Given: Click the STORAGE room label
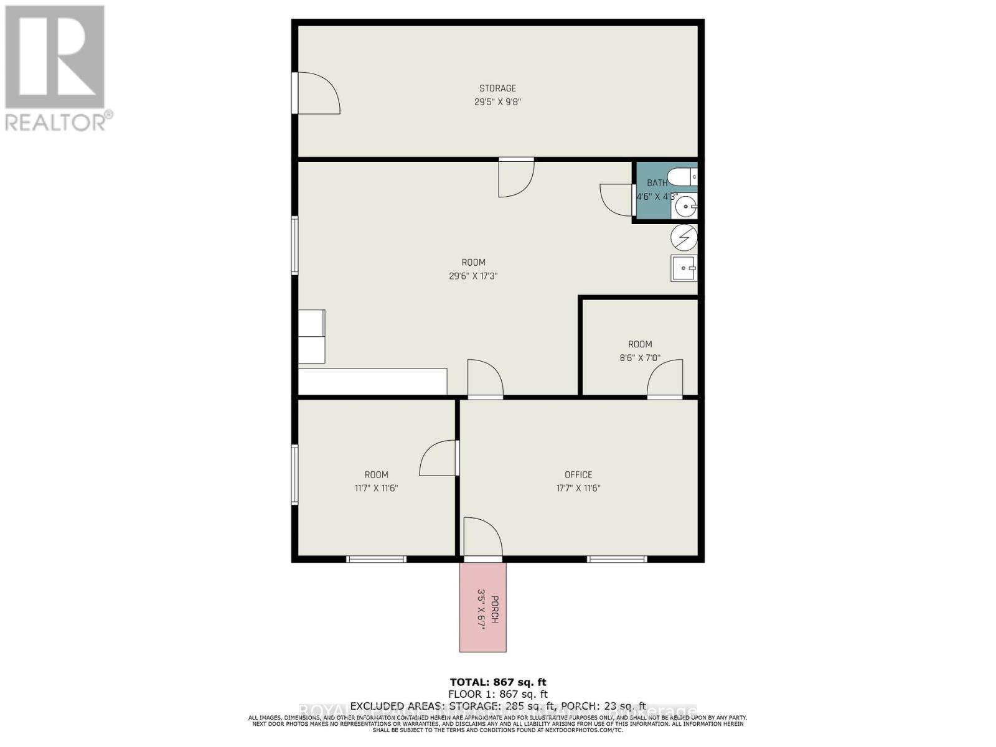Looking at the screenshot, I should [x=497, y=88].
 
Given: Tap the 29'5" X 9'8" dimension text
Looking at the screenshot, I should [x=497, y=102].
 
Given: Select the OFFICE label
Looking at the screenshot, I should [x=578, y=475].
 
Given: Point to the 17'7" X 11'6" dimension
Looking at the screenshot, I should [x=578, y=489].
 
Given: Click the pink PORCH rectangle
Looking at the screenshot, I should [x=483, y=607].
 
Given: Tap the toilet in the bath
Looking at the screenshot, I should [x=684, y=177].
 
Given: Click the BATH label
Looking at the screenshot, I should [x=657, y=183].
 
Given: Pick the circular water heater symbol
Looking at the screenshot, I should [x=684, y=237].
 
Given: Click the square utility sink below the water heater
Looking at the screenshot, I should [x=684, y=268].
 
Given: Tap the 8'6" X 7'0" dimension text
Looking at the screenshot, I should [x=640, y=359].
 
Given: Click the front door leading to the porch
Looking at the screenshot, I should [x=482, y=538].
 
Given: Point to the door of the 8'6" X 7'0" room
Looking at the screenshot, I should [x=665, y=378].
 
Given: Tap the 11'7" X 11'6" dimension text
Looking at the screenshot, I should [x=376, y=489].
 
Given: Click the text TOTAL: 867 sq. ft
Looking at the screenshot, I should [x=497, y=682].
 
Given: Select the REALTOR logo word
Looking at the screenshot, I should [x=56, y=121].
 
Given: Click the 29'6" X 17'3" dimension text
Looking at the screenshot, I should [x=473, y=276].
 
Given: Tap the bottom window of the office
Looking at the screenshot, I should [x=618, y=559].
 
